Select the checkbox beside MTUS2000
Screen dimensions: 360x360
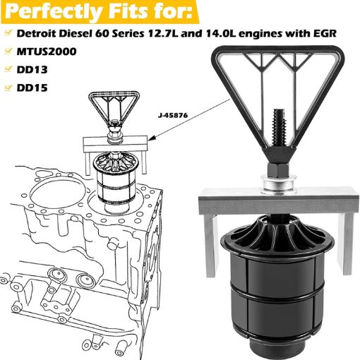(8, 53)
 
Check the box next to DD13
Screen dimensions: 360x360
(8, 71)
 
